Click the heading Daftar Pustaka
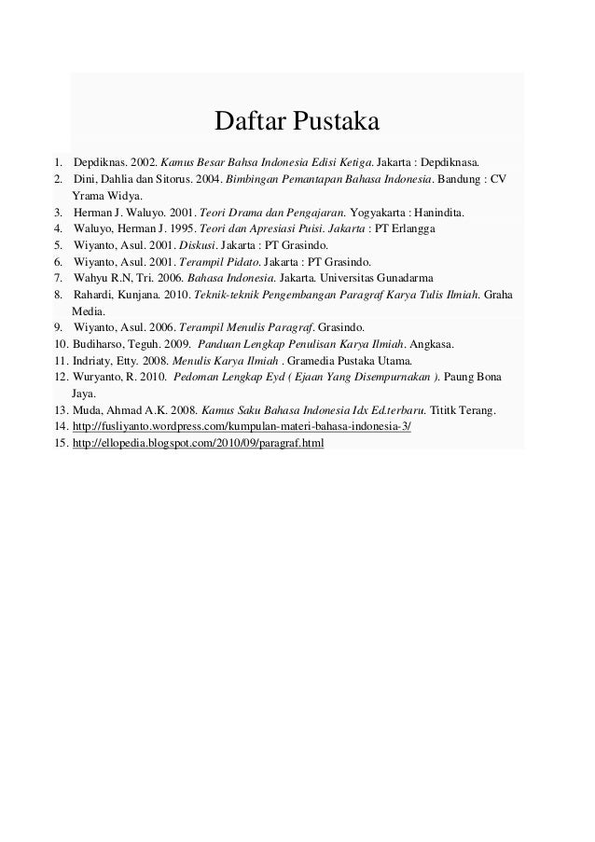tap(296, 122)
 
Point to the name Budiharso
tap(98, 345)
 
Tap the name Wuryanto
tap(97, 378)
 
